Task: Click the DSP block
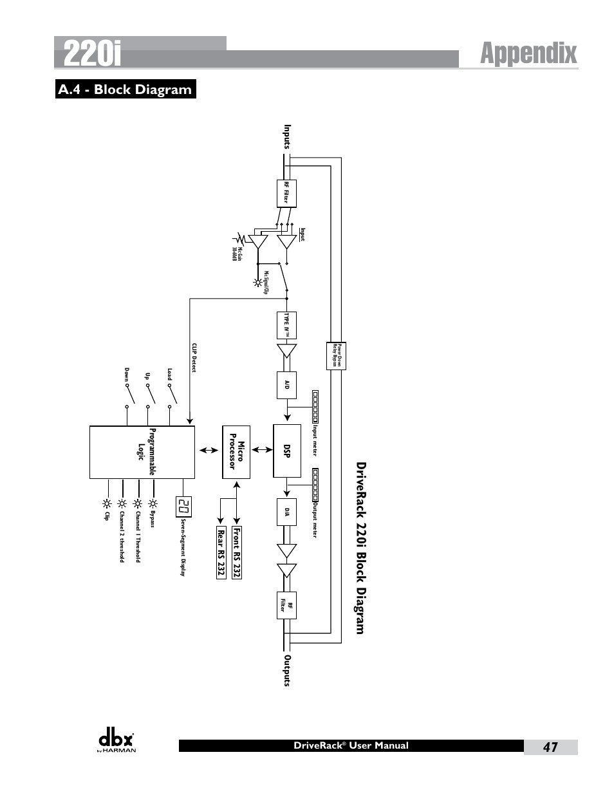(x=287, y=451)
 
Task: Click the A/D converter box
(x=287, y=385)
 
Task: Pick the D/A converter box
(x=287, y=512)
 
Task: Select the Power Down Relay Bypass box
(x=336, y=355)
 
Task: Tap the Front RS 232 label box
(x=237, y=552)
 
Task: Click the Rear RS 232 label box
(x=221, y=552)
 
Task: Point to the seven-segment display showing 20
(x=184, y=507)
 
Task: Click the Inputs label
(x=288, y=137)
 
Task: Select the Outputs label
(x=288, y=670)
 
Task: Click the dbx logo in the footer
(x=116, y=742)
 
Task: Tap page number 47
(x=550, y=747)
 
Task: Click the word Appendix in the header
(x=528, y=53)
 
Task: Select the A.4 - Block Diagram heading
(x=125, y=89)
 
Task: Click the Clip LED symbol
(x=106, y=504)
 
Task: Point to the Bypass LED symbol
(x=153, y=504)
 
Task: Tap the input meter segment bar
(x=315, y=407)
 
